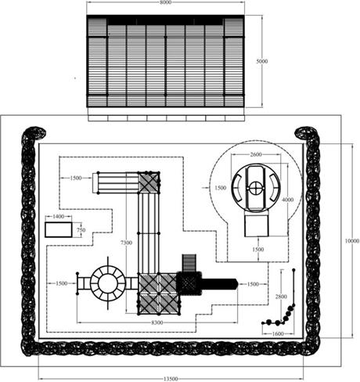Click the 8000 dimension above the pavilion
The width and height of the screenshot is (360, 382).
[x=166, y=2]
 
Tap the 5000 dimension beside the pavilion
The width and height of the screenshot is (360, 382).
[x=262, y=61]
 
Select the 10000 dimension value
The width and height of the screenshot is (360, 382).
[x=352, y=241]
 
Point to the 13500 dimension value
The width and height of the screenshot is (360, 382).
[x=171, y=379]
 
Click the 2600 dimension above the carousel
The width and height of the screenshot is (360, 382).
[x=256, y=154]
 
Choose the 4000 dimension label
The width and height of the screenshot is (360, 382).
[x=288, y=200]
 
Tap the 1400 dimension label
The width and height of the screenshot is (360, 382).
[x=58, y=216]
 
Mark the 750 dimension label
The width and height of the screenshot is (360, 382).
[x=81, y=230]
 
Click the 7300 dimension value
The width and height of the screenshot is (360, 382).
[x=126, y=243]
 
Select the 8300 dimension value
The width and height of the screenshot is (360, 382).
[x=157, y=323]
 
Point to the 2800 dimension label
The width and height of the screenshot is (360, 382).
[x=281, y=297]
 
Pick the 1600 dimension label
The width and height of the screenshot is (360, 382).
[x=278, y=333]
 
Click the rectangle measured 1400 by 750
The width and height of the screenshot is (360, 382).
[x=59, y=230]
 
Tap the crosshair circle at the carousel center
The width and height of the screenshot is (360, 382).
[x=256, y=187]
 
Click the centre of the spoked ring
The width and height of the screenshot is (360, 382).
[x=108, y=283]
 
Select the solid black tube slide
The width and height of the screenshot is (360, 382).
[x=219, y=284]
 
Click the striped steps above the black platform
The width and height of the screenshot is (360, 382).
[x=189, y=263]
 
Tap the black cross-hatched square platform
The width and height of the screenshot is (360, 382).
[x=189, y=284]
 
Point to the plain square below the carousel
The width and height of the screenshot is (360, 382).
[x=257, y=225]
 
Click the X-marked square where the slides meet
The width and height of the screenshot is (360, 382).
[x=149, y=182]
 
